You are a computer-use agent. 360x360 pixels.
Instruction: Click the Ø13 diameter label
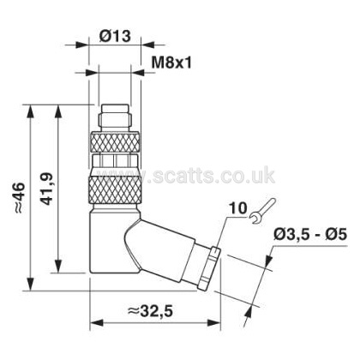[115, 36]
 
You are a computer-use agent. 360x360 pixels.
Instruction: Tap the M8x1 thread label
[171, 63]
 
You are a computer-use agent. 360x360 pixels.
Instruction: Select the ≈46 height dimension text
[20, 198]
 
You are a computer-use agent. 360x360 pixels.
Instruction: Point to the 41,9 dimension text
[47, 189]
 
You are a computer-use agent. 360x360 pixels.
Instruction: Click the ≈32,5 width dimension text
[150, 311]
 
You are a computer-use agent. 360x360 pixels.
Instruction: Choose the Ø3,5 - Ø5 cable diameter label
[310, 235]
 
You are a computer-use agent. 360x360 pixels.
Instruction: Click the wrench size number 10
[238, 208]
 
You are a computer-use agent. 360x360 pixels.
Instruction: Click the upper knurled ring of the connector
[115, 142]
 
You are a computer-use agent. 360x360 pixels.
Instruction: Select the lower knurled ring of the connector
[115, 189]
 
